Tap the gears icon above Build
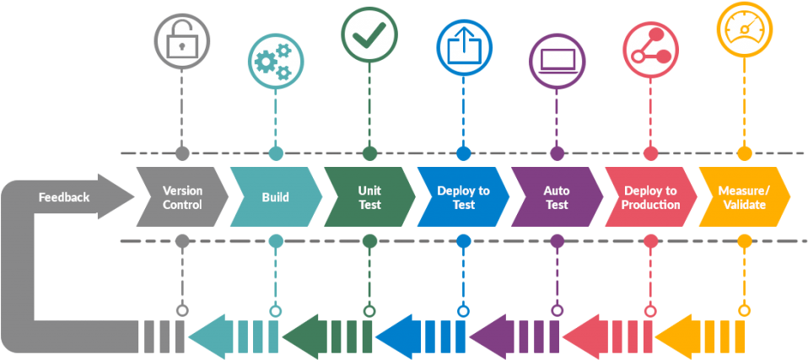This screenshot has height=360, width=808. pos(275,61)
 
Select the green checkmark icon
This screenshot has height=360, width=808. pos(369,35)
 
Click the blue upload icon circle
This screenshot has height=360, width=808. pos(463,47)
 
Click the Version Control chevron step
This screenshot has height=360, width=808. pos(182,197)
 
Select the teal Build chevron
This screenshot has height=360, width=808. pos(275,197)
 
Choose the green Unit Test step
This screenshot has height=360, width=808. pos(369,197)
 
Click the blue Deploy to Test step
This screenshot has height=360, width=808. pos(463,197)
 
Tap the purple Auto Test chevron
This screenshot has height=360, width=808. pos(557,197)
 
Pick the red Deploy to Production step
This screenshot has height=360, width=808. pos(650,197)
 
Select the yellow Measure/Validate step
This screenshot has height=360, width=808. pos(743,197)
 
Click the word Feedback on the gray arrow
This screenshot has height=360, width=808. pos(64,197)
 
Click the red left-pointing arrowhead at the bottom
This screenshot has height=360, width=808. pos(580,337)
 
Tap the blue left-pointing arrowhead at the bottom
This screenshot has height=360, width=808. pos(393,337)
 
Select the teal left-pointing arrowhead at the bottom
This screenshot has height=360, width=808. pos(206,337)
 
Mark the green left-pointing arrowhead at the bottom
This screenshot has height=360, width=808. pos(299,337)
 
